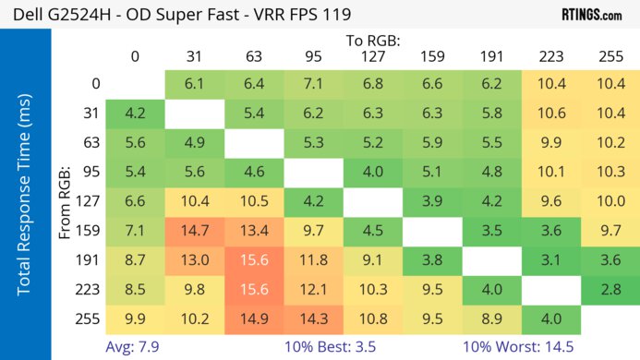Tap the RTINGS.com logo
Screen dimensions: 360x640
[591, 15]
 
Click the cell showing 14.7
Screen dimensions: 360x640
[194, 231]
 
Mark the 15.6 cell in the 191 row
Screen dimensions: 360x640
[253, 260]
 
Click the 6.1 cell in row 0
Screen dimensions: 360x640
[194, 83]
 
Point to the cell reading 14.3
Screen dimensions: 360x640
[313, 319]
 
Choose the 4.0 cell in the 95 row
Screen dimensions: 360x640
[372, 172]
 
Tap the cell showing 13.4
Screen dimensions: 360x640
[253, 231]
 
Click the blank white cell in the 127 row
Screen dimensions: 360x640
[372, 201]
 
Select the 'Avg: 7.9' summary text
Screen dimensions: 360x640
[135, 346]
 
